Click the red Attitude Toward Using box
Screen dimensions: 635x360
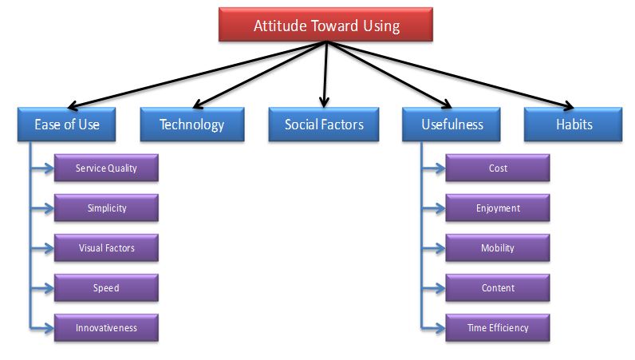pos(325,24)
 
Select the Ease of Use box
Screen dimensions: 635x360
pos(66,124)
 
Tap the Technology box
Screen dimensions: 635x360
pos(192,124)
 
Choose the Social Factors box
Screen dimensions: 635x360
pos(324,124)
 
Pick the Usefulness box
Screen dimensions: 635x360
pos(452,124)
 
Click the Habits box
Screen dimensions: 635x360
pos(573,124)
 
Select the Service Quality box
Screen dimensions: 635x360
pos(106,168)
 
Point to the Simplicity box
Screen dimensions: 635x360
pos(106,208)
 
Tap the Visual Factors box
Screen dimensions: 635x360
pos(106,247)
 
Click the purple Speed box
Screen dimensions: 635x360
pos(106,287)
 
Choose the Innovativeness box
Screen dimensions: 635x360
pos(106,327)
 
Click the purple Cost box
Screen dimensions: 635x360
pos(498,168)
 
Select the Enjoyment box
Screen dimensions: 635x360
pos(498,208)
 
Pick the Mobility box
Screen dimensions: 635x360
pos(498,247)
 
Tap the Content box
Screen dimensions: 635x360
pos(498,287)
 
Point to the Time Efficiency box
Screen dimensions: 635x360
pos(498,327)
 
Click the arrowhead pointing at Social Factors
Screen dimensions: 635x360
pos(324,102)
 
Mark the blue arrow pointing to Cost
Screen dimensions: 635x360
pos(432,168)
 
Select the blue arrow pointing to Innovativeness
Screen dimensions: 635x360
pos(41,327)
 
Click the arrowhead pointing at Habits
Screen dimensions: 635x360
pos(569,105)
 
